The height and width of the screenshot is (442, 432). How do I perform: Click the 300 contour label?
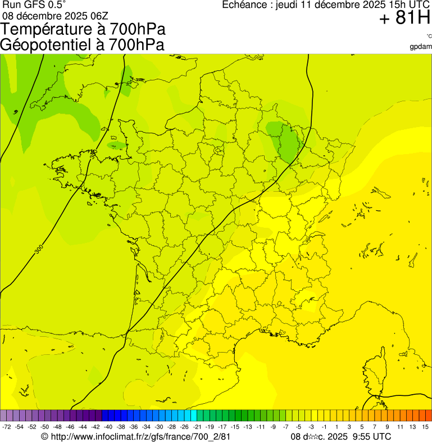click(x=38, y=249)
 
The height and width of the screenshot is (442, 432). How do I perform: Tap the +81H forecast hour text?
click(x=404, y=19)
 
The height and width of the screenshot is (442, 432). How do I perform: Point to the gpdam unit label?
click(x=421, y=47)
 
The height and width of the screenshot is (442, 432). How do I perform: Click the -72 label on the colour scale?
click(x=7, y=427)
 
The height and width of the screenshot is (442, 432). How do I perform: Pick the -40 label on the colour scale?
click(x=107, y=427)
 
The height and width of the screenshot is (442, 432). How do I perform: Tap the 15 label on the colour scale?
click(x=425, y=427)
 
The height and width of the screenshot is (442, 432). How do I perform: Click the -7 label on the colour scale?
click(x=286, y=427)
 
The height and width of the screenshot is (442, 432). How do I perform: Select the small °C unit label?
click(x=429, y=37)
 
